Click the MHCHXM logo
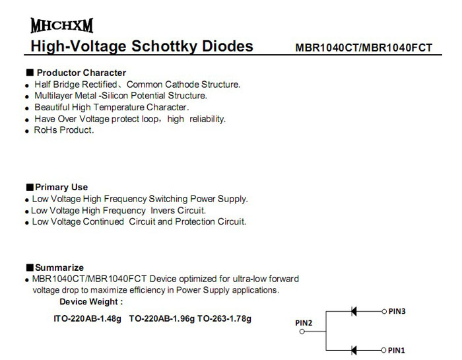click(x=61, y=26)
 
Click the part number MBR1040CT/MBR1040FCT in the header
click(x=364, y=48)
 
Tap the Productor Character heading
click(x=81, y=73)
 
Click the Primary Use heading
click(x=61, y=187)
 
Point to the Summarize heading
click(x=59, y=268)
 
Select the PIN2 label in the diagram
click(x=303, y=322)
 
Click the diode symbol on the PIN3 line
click(x=354, y=311)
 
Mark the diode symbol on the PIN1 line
click(x=354, y=350)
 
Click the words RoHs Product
click(x=64, y=130)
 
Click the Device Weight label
click(x=91, y=302)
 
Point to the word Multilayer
click(x=55, y=96)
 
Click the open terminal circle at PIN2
click(x=302, y=332)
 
